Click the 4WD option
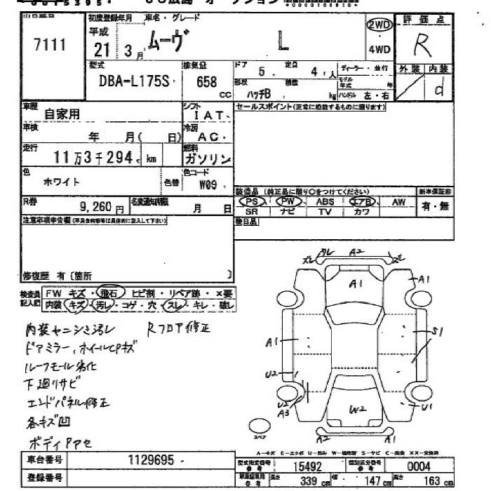click(378, 50)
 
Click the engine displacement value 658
click(206, 82)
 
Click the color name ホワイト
click(62, 181)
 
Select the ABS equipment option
click(325, 201)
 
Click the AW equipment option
click(398, 201)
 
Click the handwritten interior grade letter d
click(439, 90)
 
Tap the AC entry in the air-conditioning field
click(208, 137)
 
